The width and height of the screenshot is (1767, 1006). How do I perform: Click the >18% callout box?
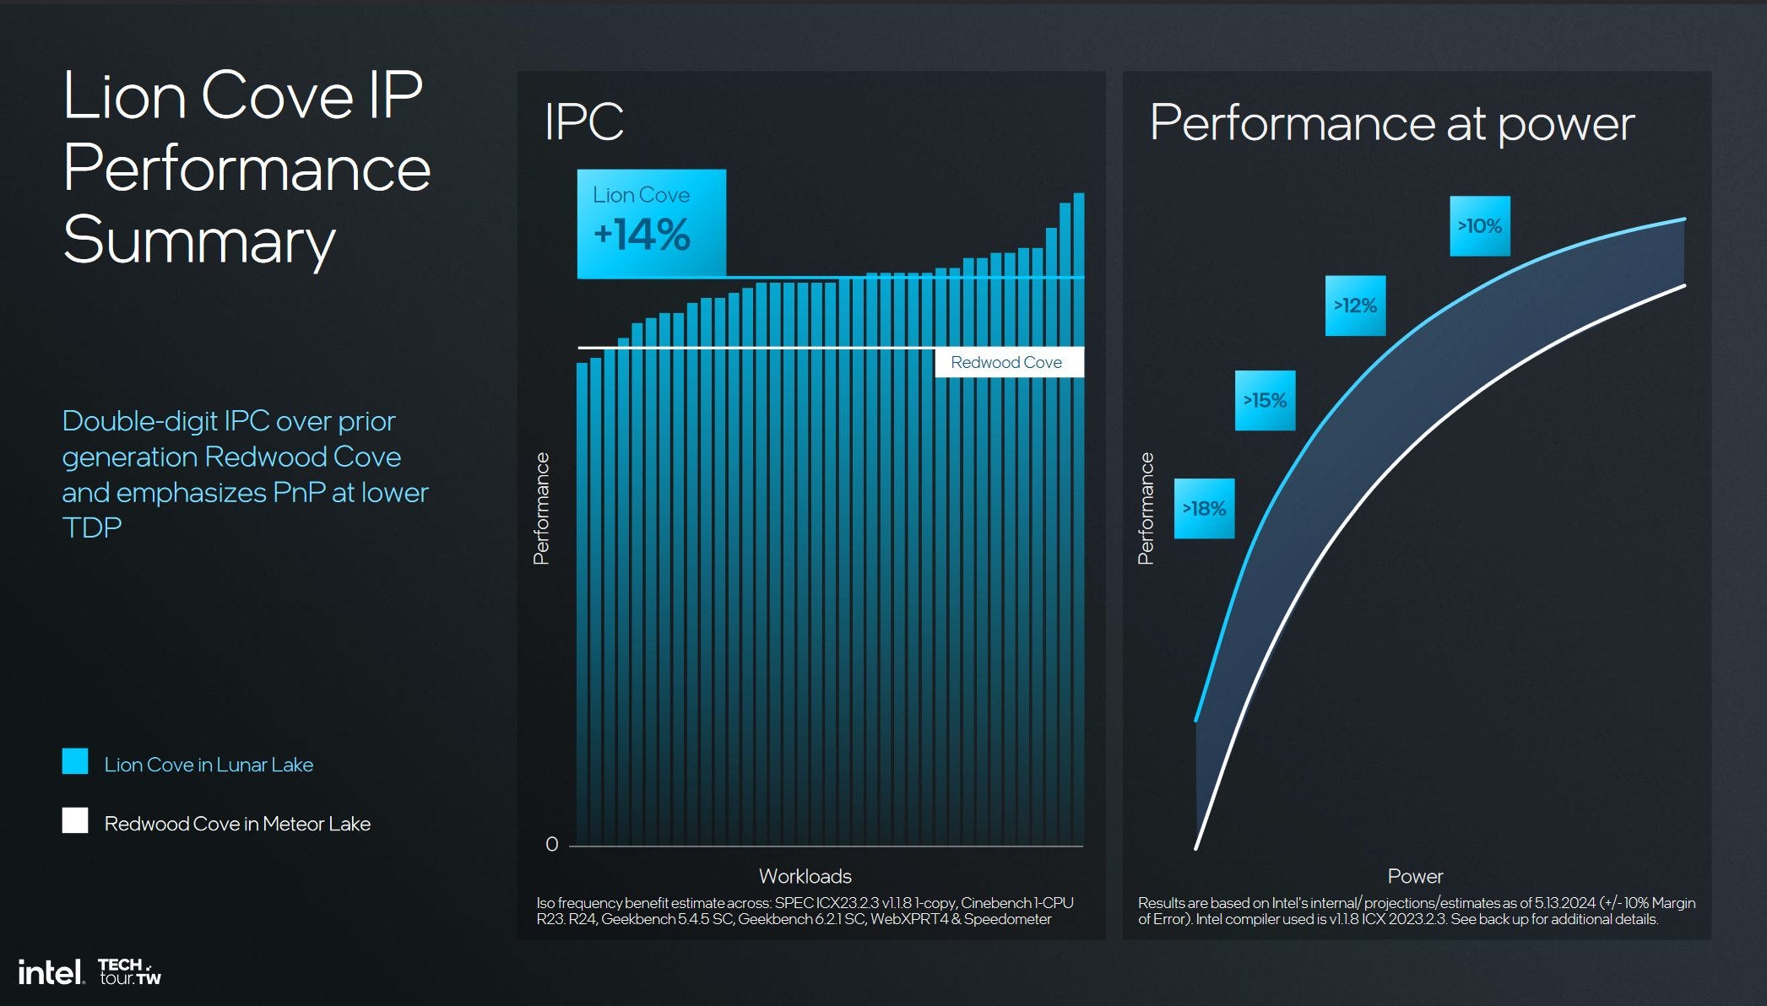point(1204,508)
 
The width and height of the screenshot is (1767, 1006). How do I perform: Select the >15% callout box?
point(1265,400)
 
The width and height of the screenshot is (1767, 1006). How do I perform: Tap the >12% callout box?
point(1355,306)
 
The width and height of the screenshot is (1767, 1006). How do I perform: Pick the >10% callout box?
point(1479,226)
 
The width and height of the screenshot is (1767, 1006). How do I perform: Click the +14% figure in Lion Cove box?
point(642,235)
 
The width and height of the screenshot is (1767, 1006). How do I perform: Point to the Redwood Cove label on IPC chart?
point(1006,362)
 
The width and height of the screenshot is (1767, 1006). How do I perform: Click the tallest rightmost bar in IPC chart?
point(1078,506)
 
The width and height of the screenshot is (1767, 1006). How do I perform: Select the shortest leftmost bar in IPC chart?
point(582,591)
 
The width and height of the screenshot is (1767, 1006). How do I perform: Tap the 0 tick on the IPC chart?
point(551,844)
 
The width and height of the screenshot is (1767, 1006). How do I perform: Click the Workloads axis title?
point(805,876)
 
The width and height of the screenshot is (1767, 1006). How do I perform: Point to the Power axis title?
point(1415,876)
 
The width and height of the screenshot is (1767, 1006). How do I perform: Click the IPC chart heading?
point(583,122)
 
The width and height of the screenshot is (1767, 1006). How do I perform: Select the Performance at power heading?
point(1391,124)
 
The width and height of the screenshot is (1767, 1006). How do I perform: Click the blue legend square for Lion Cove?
point(75,761)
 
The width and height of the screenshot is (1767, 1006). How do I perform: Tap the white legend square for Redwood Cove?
point(75,820)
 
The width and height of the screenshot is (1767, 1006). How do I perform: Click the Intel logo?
point(51,972)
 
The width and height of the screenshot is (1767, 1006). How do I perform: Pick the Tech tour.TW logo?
point(129,971)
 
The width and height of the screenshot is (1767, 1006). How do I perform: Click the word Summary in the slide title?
point(199,241)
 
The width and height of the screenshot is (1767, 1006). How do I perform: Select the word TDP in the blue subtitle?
point(92,527)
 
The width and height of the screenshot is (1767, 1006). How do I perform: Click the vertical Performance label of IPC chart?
point(541,508)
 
